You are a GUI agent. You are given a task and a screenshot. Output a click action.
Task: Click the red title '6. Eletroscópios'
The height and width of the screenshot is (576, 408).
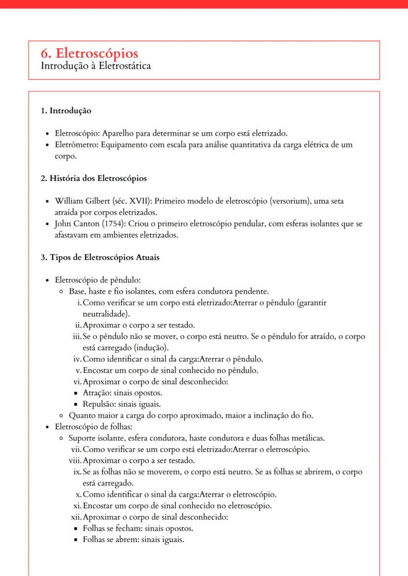[x=90, y=53]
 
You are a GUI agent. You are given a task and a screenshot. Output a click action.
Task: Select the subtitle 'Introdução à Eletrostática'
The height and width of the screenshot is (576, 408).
[x=96, y=65]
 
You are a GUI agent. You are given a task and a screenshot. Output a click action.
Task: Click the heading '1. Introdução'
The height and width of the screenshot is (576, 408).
[x=66, y=111]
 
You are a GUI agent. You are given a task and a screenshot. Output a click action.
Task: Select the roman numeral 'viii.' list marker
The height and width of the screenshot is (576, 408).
[x=75, y=460]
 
